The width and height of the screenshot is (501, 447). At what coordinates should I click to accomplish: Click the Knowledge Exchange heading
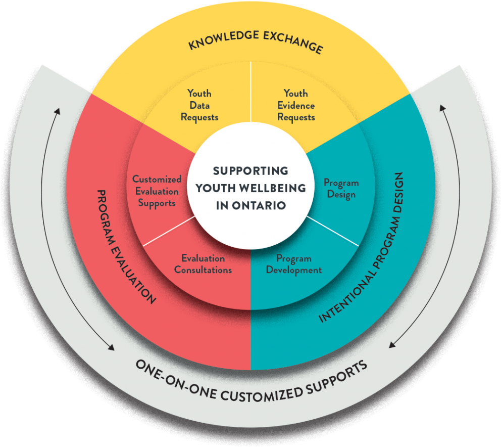pos(255,41)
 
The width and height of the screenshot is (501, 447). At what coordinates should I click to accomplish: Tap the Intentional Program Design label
pos(363,248)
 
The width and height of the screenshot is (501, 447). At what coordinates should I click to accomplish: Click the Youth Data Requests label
pos(199,105)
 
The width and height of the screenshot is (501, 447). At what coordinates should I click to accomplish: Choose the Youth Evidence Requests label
pos(296,105)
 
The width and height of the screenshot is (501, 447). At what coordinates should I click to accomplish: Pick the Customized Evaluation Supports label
pos(157,191)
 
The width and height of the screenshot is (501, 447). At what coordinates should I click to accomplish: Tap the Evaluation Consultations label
pos(203,264)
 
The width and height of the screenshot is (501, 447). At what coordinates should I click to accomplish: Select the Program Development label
pos(293,264)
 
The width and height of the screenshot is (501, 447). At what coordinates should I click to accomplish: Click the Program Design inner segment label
pos(341,189)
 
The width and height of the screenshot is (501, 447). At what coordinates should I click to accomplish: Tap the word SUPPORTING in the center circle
pos(250,170)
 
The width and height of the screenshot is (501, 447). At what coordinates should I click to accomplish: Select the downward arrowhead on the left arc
pos(111,348)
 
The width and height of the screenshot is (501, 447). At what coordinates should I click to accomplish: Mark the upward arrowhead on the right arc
pos(443,108)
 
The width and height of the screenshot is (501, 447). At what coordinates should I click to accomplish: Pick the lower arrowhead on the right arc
pos(392,346)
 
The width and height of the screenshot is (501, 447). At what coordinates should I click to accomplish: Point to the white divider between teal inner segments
pos(333,232)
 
